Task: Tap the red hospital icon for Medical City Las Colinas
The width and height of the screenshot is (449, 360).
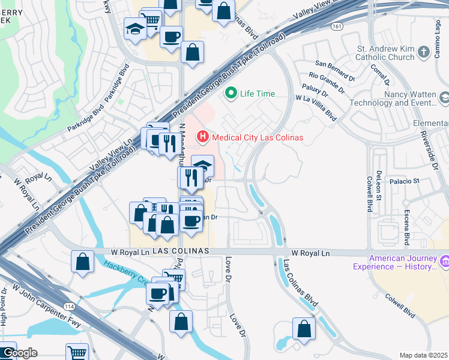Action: click(203, 137)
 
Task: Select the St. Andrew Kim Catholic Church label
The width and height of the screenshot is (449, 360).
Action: click(385, 53)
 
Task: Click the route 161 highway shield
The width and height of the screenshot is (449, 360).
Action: click(337, 27)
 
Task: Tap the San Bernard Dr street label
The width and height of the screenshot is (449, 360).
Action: click(336, 71)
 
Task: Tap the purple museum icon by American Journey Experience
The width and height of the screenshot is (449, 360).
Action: click(445, 262)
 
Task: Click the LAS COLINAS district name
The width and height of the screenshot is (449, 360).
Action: click(181, 250)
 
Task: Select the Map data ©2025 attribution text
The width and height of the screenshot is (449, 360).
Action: click(423, 355)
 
